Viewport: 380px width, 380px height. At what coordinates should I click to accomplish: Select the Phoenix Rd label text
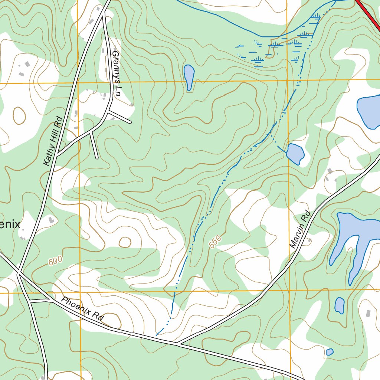coord(82,309)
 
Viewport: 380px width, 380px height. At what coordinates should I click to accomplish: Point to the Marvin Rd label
coord(300,230)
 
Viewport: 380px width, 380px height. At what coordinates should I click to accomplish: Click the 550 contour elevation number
coord(215,242)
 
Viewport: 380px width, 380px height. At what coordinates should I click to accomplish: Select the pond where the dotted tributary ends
coord(295,153)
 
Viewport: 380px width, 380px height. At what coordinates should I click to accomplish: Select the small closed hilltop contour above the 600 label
coord(125,242)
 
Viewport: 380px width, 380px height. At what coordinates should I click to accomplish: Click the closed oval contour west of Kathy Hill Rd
coord(19,115)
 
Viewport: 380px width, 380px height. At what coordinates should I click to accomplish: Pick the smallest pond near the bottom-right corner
coord(330,352)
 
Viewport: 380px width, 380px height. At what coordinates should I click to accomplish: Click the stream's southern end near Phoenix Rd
coord(157,334)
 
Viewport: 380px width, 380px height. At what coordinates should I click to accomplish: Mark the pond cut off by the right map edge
coord(369,111)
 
